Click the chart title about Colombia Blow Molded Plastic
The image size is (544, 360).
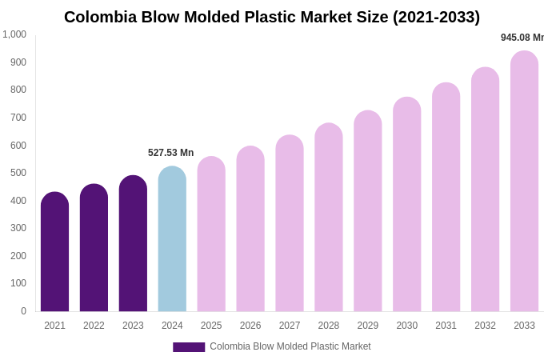272,17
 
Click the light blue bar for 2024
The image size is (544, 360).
172,239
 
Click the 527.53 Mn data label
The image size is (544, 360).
170,153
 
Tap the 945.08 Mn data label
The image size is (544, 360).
522,38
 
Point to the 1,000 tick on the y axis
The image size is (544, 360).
14,34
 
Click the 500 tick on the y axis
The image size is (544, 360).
18,173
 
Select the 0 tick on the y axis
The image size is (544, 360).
23,311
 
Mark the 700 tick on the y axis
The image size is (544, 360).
18,118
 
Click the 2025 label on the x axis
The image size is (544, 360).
211,326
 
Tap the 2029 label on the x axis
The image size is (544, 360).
368,326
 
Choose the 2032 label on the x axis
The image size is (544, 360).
485,326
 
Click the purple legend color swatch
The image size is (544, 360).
189,347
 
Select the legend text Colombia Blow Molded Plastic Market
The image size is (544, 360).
290,346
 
